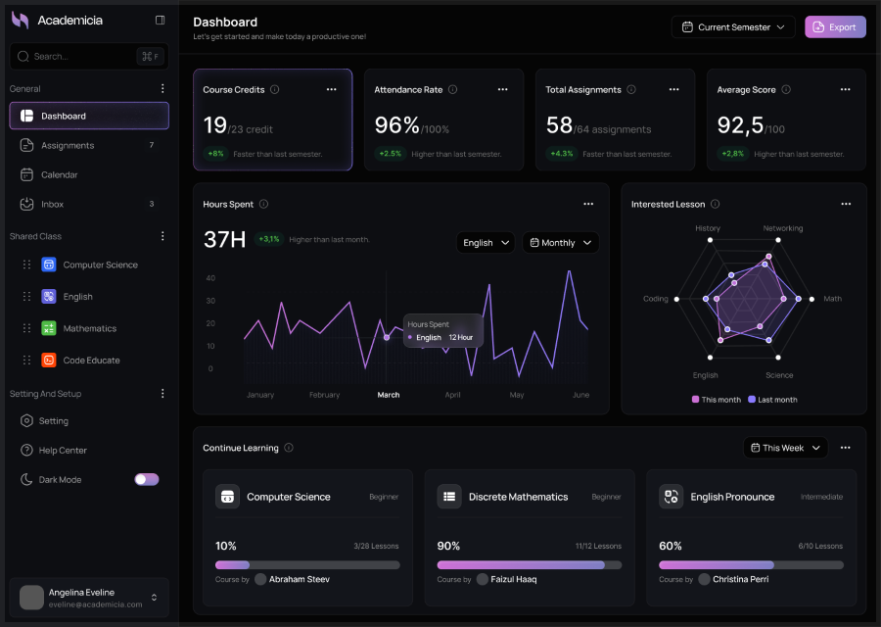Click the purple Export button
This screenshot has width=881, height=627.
click(x=835, y=27)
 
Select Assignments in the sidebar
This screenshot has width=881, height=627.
click(x=68, y=145)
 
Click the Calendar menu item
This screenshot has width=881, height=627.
click(x=59, y=174)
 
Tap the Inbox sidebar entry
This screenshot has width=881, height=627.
click(x=52, y=204)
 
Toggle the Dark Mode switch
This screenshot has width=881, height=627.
click(x=146, y=479)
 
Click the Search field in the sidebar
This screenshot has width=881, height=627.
click(x=78, y=57)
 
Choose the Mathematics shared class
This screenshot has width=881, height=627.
click(x=89, y=328)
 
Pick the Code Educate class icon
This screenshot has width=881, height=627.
click(x=49, y=361)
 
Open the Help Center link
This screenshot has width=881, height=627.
click(x=63, y=450)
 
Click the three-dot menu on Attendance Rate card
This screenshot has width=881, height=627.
click(x=502, y=89)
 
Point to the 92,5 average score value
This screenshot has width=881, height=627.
click(x=740, y=125)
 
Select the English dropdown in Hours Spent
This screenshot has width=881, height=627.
click(x=486, y=243)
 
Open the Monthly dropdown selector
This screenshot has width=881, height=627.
click(x=560, y=243)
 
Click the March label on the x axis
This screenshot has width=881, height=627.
click(x=389, y=395)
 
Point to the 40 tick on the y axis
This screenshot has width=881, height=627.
click(x=209, y=277)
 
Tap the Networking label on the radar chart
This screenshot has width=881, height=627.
click(x=782, y=228)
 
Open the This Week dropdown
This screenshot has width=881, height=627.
click(x=785, y=448)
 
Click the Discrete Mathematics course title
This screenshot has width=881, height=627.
click(x=518, y=497)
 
